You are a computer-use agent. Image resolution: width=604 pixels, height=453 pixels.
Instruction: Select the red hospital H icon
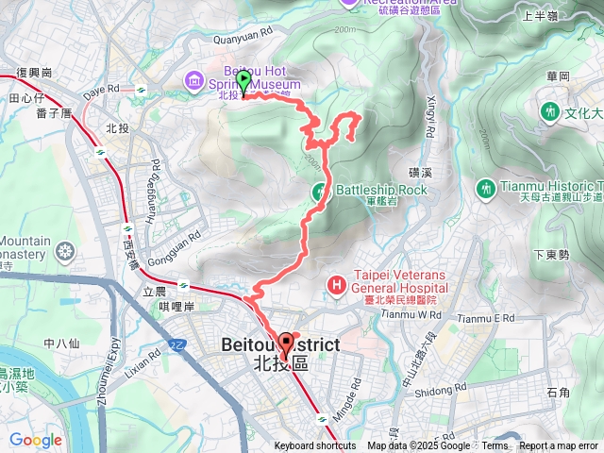337,284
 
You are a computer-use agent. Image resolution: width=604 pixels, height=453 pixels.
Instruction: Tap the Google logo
35,440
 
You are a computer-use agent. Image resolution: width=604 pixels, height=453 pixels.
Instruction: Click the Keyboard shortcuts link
315,446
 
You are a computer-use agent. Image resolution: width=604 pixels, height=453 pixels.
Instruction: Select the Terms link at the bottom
495,446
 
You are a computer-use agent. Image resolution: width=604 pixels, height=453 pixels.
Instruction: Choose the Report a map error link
559,446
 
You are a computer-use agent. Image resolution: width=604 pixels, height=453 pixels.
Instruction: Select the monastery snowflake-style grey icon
64,251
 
